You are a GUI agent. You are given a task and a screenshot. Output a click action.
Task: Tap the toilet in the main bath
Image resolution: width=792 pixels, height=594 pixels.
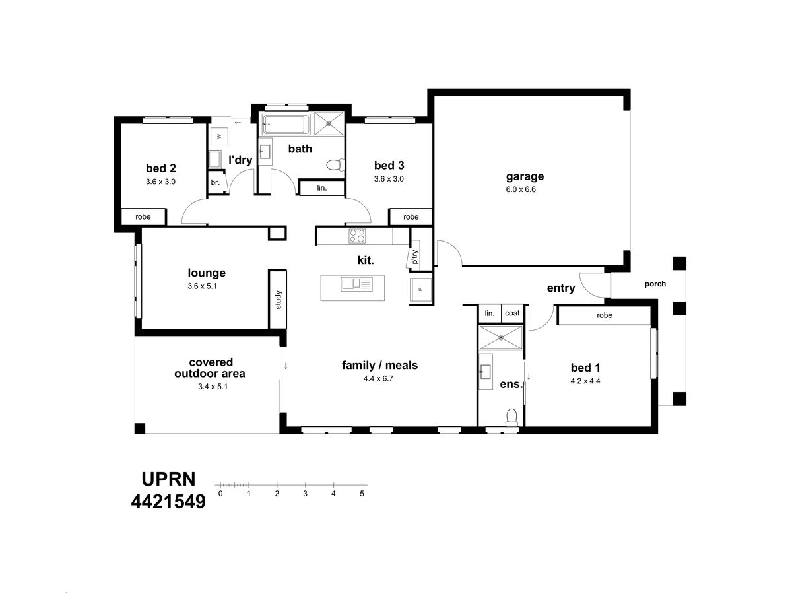point(335,165)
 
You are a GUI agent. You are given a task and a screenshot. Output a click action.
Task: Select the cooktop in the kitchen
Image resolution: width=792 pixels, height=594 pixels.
point(357,236)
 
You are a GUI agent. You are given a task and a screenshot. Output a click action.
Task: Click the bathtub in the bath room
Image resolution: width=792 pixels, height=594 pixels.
point(286,125)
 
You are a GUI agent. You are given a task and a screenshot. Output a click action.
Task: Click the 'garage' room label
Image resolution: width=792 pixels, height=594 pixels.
point(525,176)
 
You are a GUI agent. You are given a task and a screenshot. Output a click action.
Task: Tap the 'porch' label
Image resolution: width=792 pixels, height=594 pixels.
point(655,284)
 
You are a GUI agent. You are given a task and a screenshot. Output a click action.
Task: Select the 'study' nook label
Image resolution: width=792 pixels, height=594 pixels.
point(279,300)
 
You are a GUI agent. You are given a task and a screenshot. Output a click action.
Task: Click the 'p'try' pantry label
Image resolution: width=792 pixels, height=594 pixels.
point(415,257)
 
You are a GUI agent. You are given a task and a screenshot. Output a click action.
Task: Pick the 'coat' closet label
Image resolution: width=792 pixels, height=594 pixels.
point(512,313)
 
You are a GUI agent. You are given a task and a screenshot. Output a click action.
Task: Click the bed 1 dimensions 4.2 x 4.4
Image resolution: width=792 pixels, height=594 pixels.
point(585,381)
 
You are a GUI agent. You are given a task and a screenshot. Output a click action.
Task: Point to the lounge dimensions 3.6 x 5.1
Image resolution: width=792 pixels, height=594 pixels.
point(202,286)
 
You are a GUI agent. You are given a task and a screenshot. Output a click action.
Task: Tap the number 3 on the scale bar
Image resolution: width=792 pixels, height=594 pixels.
point(306,494)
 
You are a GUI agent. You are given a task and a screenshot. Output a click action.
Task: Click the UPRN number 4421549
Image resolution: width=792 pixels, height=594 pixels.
point(168,501)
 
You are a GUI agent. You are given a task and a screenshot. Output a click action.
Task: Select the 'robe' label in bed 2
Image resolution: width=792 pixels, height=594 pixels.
point(143,216)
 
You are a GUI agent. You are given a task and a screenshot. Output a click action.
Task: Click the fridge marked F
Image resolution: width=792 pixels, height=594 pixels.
point(420,289)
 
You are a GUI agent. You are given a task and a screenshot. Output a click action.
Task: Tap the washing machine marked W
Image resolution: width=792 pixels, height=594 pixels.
point(218,136)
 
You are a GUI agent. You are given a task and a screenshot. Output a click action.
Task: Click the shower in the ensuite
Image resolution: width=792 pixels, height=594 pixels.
point(500,337)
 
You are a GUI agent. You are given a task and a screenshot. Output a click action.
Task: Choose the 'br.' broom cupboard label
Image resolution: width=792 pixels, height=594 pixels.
point(215,183)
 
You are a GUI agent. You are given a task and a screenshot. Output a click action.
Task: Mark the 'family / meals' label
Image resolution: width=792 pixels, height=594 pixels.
point(379,366)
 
